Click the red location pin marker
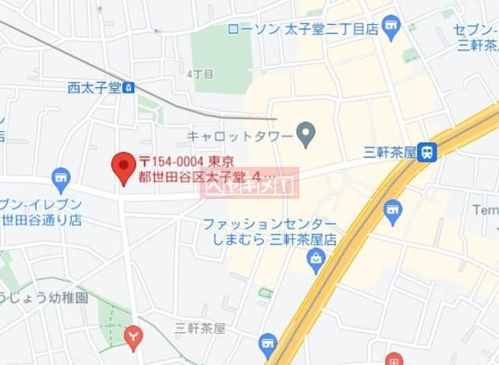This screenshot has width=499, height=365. point(122,166)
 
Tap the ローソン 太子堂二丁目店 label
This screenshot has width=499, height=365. point(303,30)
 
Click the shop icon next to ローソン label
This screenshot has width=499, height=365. point(390,28)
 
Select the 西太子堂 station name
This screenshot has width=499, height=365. point(94,87)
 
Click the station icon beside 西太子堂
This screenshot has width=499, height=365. point(128,87)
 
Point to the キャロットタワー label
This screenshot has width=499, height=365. point(239,135)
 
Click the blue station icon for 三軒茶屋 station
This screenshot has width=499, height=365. point(426,152)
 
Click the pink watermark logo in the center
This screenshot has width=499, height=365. point(249,185)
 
